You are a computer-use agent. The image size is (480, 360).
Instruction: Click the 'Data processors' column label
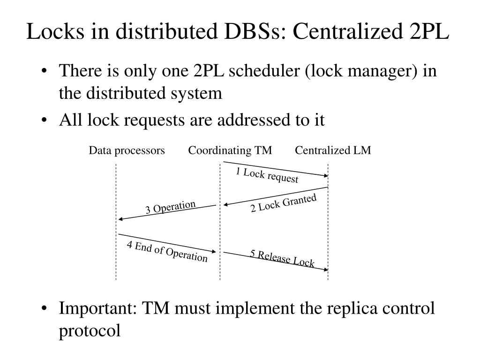[127, 150]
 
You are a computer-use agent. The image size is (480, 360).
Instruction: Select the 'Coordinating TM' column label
[230, 150]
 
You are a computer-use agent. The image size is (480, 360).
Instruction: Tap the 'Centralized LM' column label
[333, 150]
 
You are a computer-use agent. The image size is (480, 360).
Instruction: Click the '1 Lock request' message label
[267, 175]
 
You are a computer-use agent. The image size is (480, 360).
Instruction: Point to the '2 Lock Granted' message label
[284, 203]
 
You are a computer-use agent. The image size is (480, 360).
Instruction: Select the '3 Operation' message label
[170, 207]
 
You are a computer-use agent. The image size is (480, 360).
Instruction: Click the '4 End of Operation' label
[167, 251]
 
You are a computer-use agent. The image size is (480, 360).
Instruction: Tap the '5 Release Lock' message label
[282, 258]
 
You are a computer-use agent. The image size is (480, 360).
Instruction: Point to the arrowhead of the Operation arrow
[121, 219]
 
